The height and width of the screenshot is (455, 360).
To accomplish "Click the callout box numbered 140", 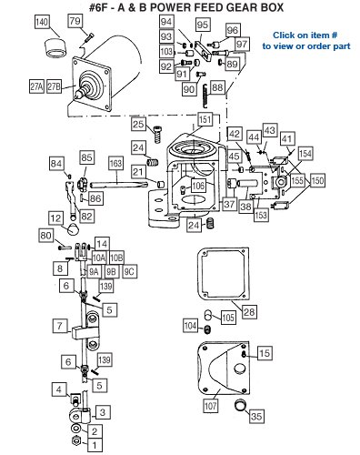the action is coord(42,22).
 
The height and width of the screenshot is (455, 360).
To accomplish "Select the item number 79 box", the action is coord(75,21).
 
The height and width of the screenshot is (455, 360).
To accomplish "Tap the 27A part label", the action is coord(36,86).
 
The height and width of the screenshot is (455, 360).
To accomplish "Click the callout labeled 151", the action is coord(205,119).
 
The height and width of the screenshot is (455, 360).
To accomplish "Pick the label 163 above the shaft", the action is coord(116,163).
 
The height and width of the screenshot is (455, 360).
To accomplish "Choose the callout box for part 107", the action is coord(210,406).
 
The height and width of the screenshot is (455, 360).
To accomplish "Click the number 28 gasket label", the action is coord(249,312).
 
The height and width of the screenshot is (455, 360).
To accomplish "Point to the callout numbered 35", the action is coord(256,416).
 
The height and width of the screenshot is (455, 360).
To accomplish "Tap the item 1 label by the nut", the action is coord(95,445).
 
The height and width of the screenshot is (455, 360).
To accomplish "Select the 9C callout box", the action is coord(129,271).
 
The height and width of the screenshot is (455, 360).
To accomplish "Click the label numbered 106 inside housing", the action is coord(198,185).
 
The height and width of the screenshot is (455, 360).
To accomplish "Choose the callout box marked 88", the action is coord(217,87).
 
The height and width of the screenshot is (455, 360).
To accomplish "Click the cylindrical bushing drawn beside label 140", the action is coord(55,47).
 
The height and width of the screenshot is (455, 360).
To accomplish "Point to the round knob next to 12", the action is coord(73,228).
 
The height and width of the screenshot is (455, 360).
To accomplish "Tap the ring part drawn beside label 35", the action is coord(241,405).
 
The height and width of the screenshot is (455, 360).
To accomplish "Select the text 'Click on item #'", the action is coord(305,35).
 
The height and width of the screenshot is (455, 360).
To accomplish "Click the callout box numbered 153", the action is coord(261,215).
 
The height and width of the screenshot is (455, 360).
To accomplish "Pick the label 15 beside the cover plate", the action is coord(265,353).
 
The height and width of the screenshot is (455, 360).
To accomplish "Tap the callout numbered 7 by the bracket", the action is coord(60,326).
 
